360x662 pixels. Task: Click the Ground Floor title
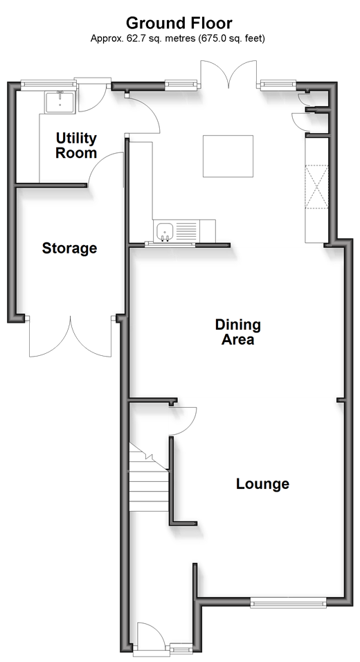(x=179, y=23)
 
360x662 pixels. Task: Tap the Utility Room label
(x=76, y=145)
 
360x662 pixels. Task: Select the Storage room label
(x=69, y=248)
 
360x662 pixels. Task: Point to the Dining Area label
(x=238, y=332)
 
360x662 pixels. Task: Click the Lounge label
(x=262, y=483)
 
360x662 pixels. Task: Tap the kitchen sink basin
(x=165, y=231)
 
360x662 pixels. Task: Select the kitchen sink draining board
(x=186, y=231)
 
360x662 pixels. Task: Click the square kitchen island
(x=228, y=156)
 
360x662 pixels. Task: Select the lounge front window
(x=288, y=601)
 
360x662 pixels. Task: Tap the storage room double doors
(x=71, y=337)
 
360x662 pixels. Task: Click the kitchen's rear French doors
(x=228, y=74)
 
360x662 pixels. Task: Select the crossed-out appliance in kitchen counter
(x=316, y=186)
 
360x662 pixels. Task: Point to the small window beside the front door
(x=180, y=646)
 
